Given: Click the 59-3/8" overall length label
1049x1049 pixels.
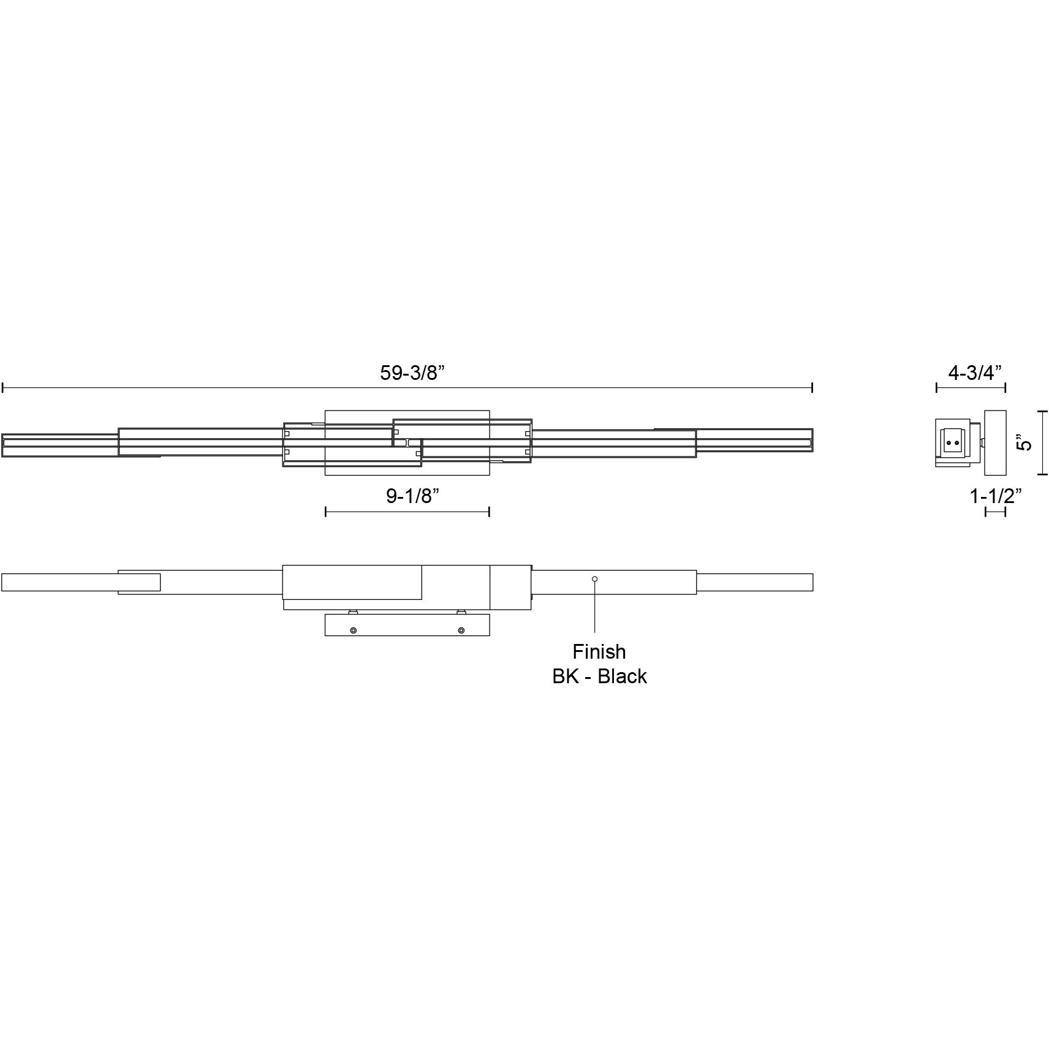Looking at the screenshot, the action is coord(411,373).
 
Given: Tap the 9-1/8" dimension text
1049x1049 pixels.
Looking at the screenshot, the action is coord(412,496).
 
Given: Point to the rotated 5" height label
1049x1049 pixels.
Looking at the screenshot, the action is coord(1023,442).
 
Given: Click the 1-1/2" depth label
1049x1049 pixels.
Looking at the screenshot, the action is coord(996,496).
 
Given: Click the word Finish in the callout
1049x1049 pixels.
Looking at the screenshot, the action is coord(599,651).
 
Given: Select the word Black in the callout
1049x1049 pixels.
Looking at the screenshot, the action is coord(623,676).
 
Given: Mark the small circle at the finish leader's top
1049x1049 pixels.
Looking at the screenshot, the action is coord(594,579).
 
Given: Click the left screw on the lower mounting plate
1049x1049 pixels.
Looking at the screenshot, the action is coord(353,631).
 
